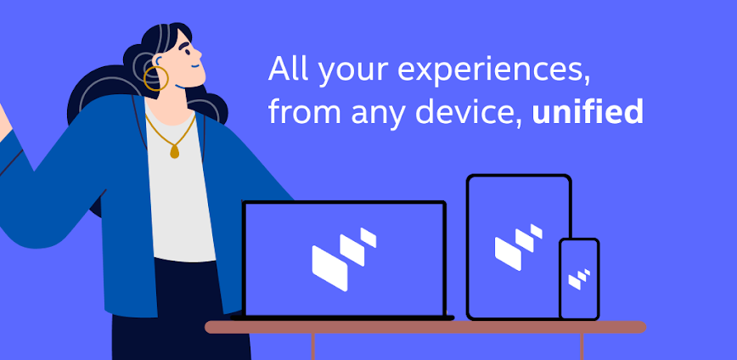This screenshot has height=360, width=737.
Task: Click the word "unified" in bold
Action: pyautogui.click(x=587, y=111)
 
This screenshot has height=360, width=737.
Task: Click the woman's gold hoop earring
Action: pyautogui.click(x=155, y=78)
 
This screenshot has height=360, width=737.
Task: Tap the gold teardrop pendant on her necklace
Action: pyautogui.click(x=174, y=151)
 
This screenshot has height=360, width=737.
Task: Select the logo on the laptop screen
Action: pyautogui.click(x=344, y=259)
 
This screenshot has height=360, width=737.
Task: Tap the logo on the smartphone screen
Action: pyautogui.click(x=579, y=278)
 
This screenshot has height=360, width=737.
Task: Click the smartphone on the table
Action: pyautogui.click(x=579, y=279)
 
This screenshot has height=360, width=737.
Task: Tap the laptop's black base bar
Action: pyautogui.click(x=342, y=318)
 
